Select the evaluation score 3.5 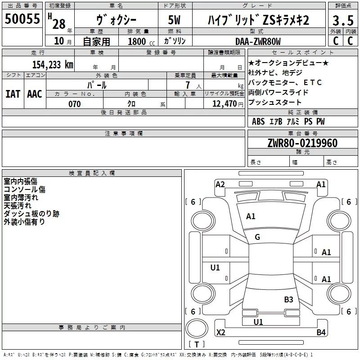[342, 21]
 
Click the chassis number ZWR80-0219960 [302, 144]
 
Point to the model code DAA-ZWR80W [258, 41]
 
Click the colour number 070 [74, 104]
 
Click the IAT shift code [13, 94]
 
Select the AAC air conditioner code [34, 94]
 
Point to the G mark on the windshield [257, 237]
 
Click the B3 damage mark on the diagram [288, 299]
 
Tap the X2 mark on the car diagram [221, 333]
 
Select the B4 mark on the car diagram [321, 333]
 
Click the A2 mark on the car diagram [220, 184]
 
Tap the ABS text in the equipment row [258, 121]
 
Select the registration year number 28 [59, 24]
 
